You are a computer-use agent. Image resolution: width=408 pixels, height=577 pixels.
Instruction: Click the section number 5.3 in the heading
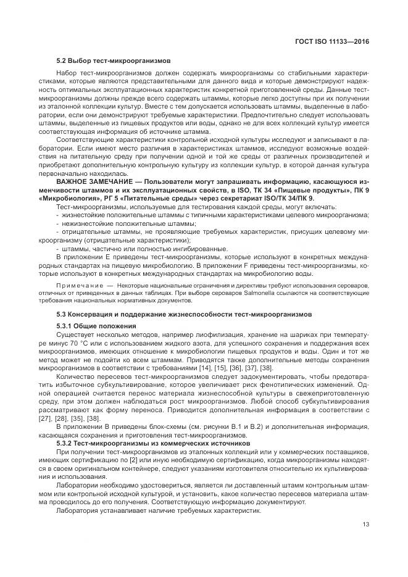pyautogui.click(x=62, y=314)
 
